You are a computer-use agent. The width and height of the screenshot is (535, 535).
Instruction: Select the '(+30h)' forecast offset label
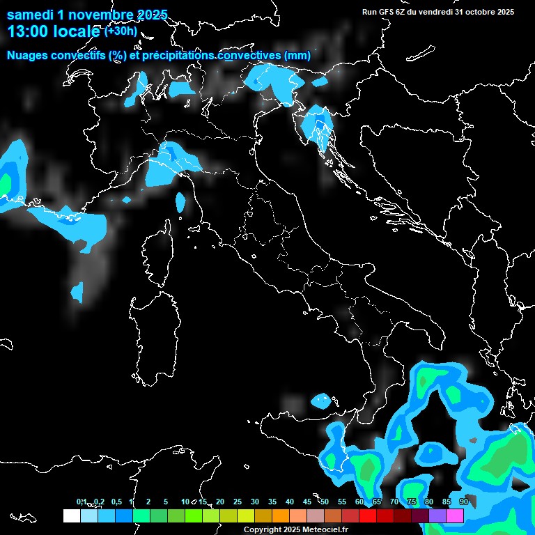coord(121,31)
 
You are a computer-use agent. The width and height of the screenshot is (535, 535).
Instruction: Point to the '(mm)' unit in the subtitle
coord(297,56)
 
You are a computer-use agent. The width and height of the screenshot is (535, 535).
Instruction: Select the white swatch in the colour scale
coord(71,515)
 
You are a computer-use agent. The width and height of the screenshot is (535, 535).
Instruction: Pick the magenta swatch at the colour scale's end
coord(455,515)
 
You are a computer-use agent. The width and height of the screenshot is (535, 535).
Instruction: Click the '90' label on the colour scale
coord(463,502)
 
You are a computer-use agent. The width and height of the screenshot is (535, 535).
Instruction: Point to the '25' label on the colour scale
coord(238,502)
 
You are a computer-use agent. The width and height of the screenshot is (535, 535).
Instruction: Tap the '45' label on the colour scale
coord(307,502)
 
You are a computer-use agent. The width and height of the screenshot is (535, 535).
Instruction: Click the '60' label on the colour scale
coord(359,502)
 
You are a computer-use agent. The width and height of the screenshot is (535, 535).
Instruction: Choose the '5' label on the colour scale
coord(166,502)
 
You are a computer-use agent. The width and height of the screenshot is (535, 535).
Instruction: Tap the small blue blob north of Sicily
coord(321,401)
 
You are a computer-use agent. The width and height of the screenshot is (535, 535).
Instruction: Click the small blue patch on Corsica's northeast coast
coord(180,202)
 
